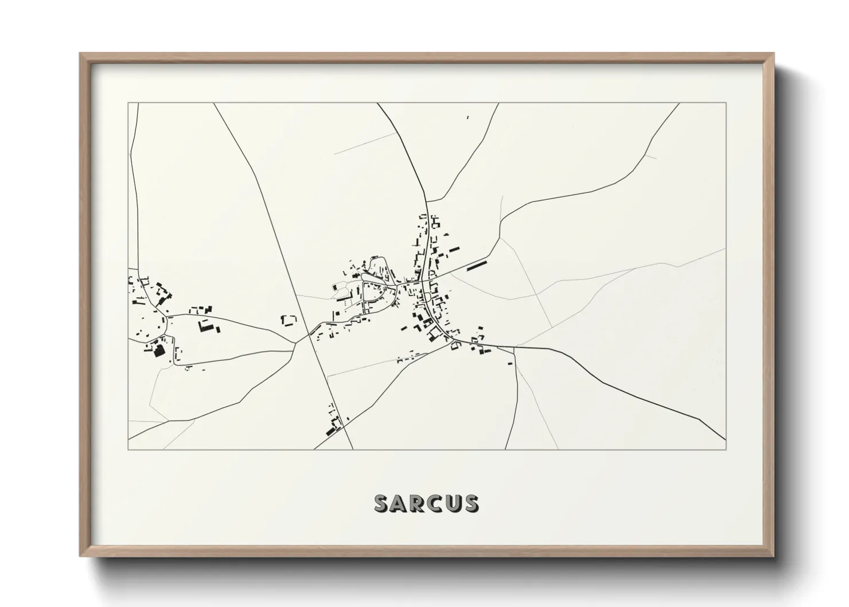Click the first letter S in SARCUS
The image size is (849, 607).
382,503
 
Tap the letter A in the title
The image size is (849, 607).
399,503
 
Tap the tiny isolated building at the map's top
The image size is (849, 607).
468,117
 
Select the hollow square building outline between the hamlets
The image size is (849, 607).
289,320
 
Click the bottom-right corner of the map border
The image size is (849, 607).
726,450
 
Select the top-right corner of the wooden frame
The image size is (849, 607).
774,53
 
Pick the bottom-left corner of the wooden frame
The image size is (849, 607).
80,556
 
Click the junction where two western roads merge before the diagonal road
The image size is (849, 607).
296,342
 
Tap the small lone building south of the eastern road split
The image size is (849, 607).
509,363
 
